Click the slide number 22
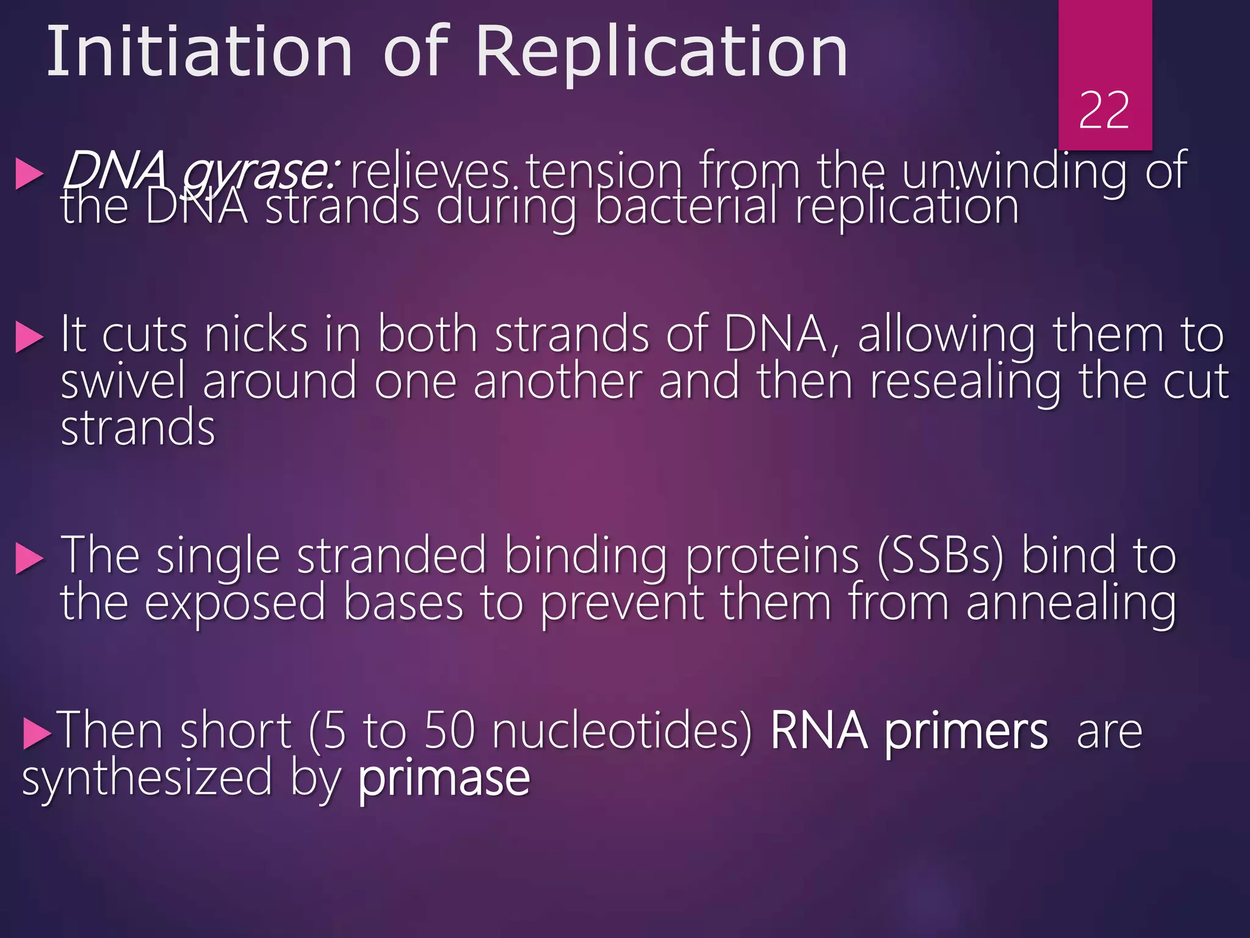pyautogui.click(x=1104, y=111)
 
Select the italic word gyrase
pyautogui.click(x=256, y=173)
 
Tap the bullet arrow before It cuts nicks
pyautogui.click(x=29, y=337)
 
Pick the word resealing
pyautogui.click(x=965, y=382)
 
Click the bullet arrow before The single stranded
pyautogui.click(x=29, y=559)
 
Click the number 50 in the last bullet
pyautogui.click(x=449, y=731)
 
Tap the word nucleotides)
pyautogui.click(x=623, y=731)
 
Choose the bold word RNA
pyautogui.click(x=818, y=731)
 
